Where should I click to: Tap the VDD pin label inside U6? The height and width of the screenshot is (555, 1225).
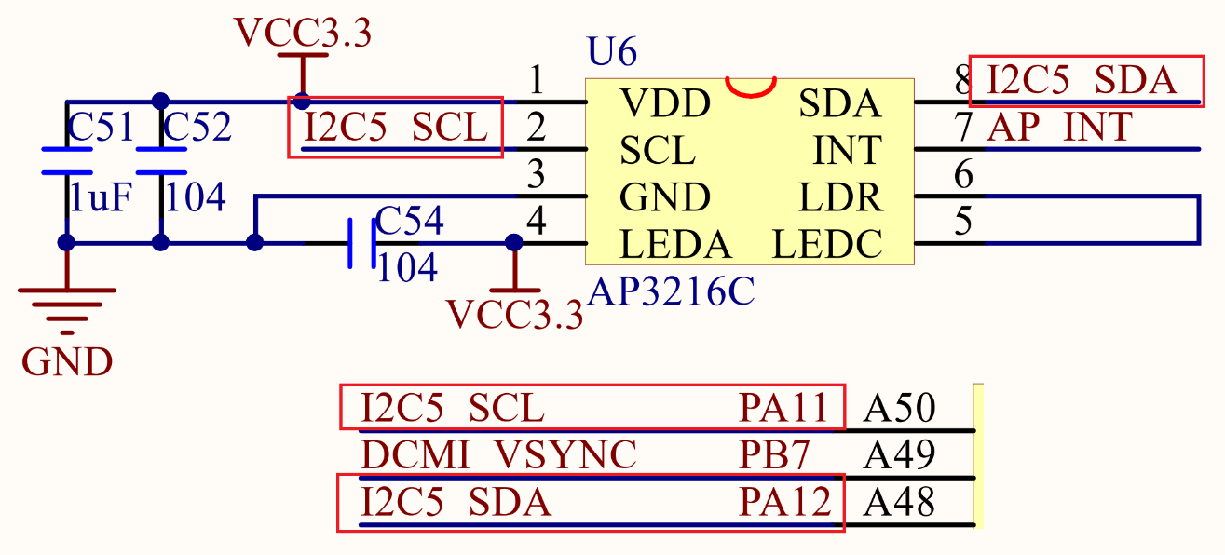pos(665,103)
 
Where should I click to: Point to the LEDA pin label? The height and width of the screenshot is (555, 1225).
pos(675,245)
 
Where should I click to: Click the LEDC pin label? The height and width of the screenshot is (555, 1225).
pos(827,245)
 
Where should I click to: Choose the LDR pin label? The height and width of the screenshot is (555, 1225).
pos(840,197)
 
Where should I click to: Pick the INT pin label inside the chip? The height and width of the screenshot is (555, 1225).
pos(848,150)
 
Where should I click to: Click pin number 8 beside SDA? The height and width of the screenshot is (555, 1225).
pos(964,81)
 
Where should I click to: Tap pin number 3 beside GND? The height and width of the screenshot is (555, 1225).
pos(536,174)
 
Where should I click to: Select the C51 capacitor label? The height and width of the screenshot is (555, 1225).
pos(101,129)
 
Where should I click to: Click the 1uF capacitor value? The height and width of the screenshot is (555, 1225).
pos(101,197)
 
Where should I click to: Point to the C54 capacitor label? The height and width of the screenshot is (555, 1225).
pos(410,222)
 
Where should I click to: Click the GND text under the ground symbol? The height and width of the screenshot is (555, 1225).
pos(67,362)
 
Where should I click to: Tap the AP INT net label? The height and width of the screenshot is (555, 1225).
pos(1060,128)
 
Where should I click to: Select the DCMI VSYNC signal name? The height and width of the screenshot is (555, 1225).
pos(498,455)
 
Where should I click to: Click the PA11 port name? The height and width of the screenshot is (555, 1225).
pos(783,408)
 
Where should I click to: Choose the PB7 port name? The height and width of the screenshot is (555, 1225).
pos(775,455)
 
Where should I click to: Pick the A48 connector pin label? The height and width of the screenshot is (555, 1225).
pos(900,503)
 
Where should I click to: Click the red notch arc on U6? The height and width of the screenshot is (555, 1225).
pos(751,88)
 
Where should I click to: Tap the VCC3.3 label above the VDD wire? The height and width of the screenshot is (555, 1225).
pos(303,33)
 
